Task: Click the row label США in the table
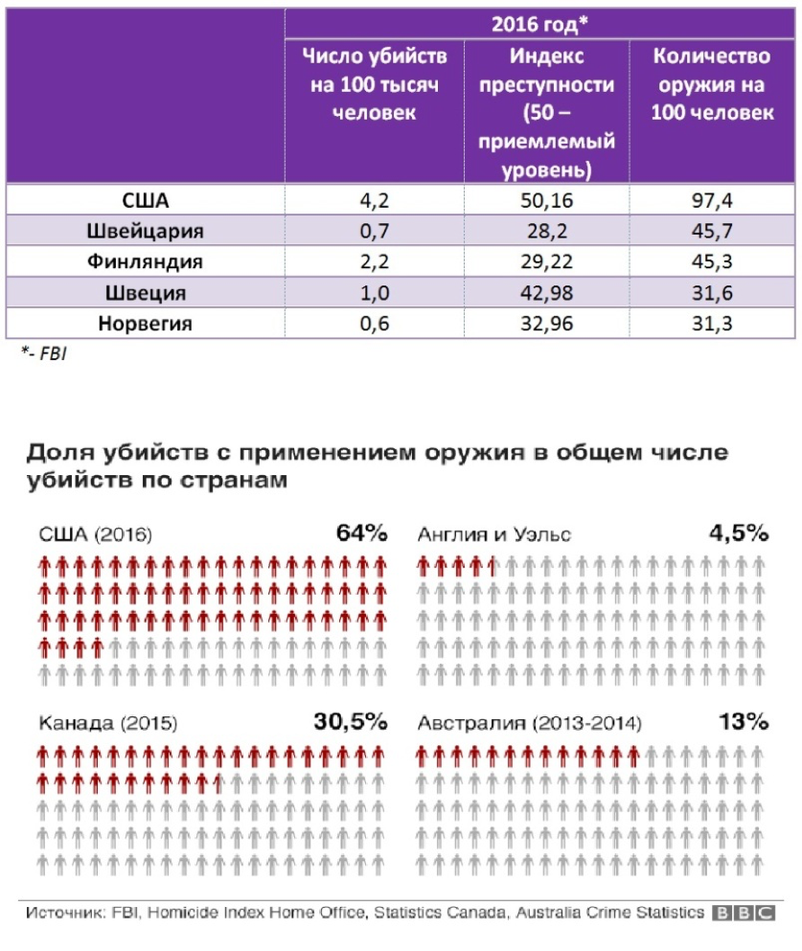point(146,200)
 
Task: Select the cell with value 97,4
point(710,200)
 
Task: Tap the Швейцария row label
point(146,231)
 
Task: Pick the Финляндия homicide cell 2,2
point(374,261)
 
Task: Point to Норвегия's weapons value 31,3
point(710,324)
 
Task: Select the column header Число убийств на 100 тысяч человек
point(374,84)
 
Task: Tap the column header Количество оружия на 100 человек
point(710,84)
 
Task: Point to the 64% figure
point(361,533)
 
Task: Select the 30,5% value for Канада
point(350,721)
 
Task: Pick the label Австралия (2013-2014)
point(530,723)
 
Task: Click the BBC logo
point(744,913)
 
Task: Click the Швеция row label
point(146,293)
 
